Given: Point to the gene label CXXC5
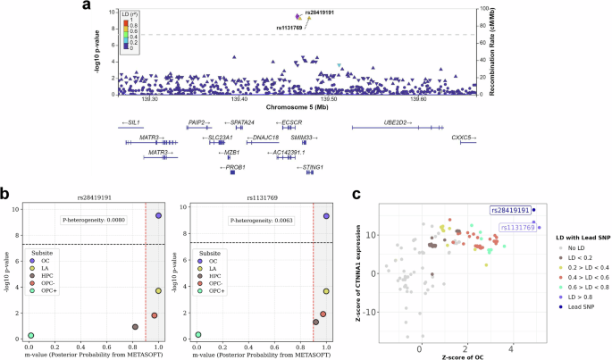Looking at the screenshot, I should [x=462, y=138].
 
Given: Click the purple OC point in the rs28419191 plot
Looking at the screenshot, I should [x=158, y=216].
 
